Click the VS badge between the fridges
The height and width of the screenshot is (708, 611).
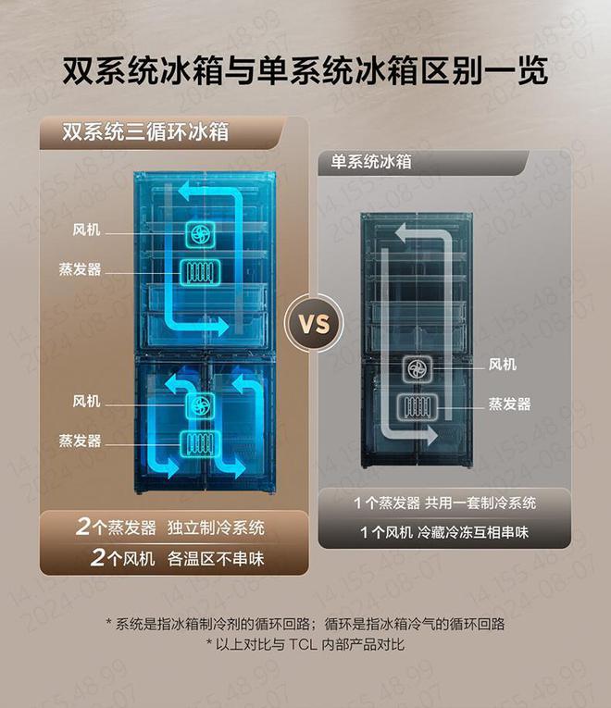click(x=315, y=323)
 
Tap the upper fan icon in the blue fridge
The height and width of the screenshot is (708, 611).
click(x=201, y=234)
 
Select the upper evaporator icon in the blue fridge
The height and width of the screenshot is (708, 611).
click(x=201, y=272)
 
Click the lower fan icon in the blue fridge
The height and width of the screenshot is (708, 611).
click(x=201, y=405)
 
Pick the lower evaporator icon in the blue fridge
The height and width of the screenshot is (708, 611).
click(x=201, y=443)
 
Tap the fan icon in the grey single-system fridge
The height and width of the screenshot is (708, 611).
click(x=418, y=368)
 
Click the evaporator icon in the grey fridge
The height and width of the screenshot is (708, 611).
click(x=418, y=406)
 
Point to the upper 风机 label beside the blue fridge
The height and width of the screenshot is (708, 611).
click(x=86, y=230)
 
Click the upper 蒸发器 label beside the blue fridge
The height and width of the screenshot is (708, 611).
click(x=80, y=269)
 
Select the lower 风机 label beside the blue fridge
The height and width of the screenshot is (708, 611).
click(x=86, y=401)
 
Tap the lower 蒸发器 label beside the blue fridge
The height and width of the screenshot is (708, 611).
click(x=80, y=441)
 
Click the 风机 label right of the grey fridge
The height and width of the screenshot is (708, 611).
click(x=502, y=364)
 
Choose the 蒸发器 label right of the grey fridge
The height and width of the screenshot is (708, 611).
click(x=509, y=404)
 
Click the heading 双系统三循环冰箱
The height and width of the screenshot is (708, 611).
click(x=145, y=131)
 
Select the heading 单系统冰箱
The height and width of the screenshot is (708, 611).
click(x=371, y=162)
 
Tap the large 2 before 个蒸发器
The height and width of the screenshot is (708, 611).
click(x=83, y=526)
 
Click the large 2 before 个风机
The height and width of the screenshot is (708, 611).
click(x=97, y=557)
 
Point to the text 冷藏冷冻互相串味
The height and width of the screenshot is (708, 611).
click(x=473, y=532)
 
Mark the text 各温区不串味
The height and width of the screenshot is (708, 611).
click(x=216, y=559)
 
